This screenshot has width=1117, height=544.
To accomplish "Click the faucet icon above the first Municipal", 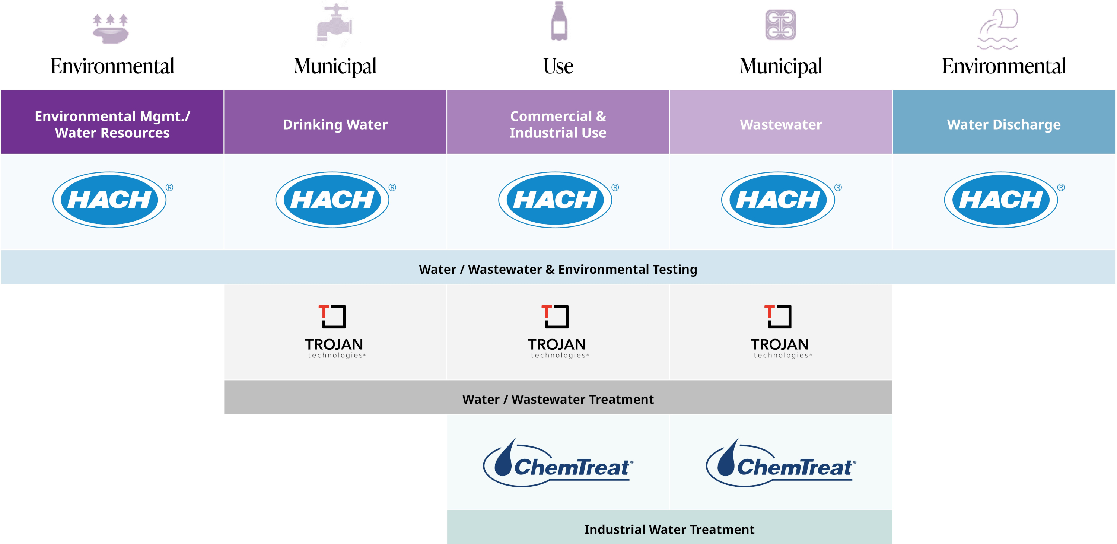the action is pyautogui.click(x=334, y=23).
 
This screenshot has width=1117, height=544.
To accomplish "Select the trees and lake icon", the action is pyautogui.click(x=111, y=29).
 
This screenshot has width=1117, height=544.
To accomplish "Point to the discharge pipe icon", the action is pyautogui.click(x=998, y=29).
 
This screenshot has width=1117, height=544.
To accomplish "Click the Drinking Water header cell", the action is pyautogui.click(x=335, y=122).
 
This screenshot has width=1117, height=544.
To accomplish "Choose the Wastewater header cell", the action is pyautogui.click(x=781, y=122).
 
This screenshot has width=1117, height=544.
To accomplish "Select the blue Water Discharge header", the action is pyautogui.click(x=1004, y=122).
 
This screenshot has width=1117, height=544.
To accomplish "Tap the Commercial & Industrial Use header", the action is pyautogui.click(x=558, y=122).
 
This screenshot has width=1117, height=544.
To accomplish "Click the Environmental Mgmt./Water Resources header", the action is pyautogui.click(x=112, y=122).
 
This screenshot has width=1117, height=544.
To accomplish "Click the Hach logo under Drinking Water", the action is pyautogui.click(x=335, y=200).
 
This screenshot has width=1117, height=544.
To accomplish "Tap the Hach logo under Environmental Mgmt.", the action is pyautogui.click(x=112, y=200).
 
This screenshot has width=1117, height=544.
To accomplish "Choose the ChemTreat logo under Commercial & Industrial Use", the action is pyautogui.click(x=558, y=462).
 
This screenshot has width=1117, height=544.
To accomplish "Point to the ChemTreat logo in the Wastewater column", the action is pyautogui.click(x=781, y=462).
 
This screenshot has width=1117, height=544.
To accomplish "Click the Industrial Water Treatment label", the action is pyautogui.click(x=669, y=529).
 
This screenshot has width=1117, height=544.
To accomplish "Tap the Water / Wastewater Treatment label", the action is pyautogui.click(x=558, y=399).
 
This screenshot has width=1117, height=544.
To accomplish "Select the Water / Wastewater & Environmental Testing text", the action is pyautogui.click(x=558, y=269).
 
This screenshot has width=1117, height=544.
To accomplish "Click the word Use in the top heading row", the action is pyautogui.click(x=558, y=66).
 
